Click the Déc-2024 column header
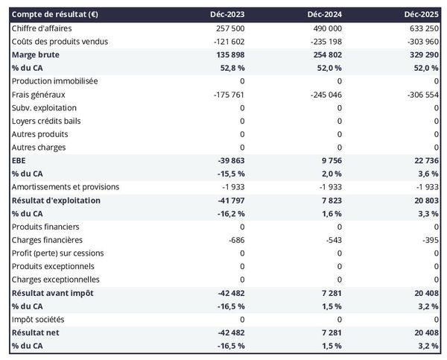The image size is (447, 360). coord(323,14)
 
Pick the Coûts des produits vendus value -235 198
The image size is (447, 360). coord(324,41)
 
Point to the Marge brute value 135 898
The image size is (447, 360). coord(227,54)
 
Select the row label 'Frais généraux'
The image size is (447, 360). coord(39,95)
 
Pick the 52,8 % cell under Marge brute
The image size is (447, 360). coord(230,68)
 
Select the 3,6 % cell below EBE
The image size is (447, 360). coord(427,174)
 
